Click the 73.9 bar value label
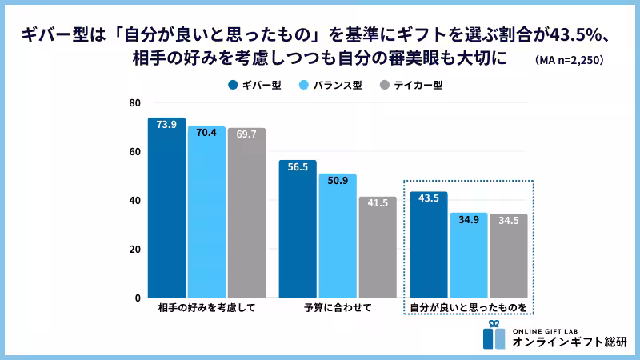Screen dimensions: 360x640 click(x=166, y=125)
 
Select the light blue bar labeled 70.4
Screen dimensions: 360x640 click(x=206, y=211)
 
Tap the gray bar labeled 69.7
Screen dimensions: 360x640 click(x=246, y=213)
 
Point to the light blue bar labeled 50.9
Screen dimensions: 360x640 click(x=338, y=236)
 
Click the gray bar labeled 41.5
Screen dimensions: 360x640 click(x=378, y=247)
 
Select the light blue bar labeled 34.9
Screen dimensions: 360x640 click(x=469, y=255)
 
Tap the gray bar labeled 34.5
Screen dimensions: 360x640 click(x=509, y=256)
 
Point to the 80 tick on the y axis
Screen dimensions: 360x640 click(x=134, y=103)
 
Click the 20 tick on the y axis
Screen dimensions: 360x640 click(x=134, y=249)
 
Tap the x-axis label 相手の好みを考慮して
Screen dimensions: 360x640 click(x=206, y=307)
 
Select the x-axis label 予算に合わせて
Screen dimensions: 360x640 click(x=338, y=307)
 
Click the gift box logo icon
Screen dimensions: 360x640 click(x=494, y=335)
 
